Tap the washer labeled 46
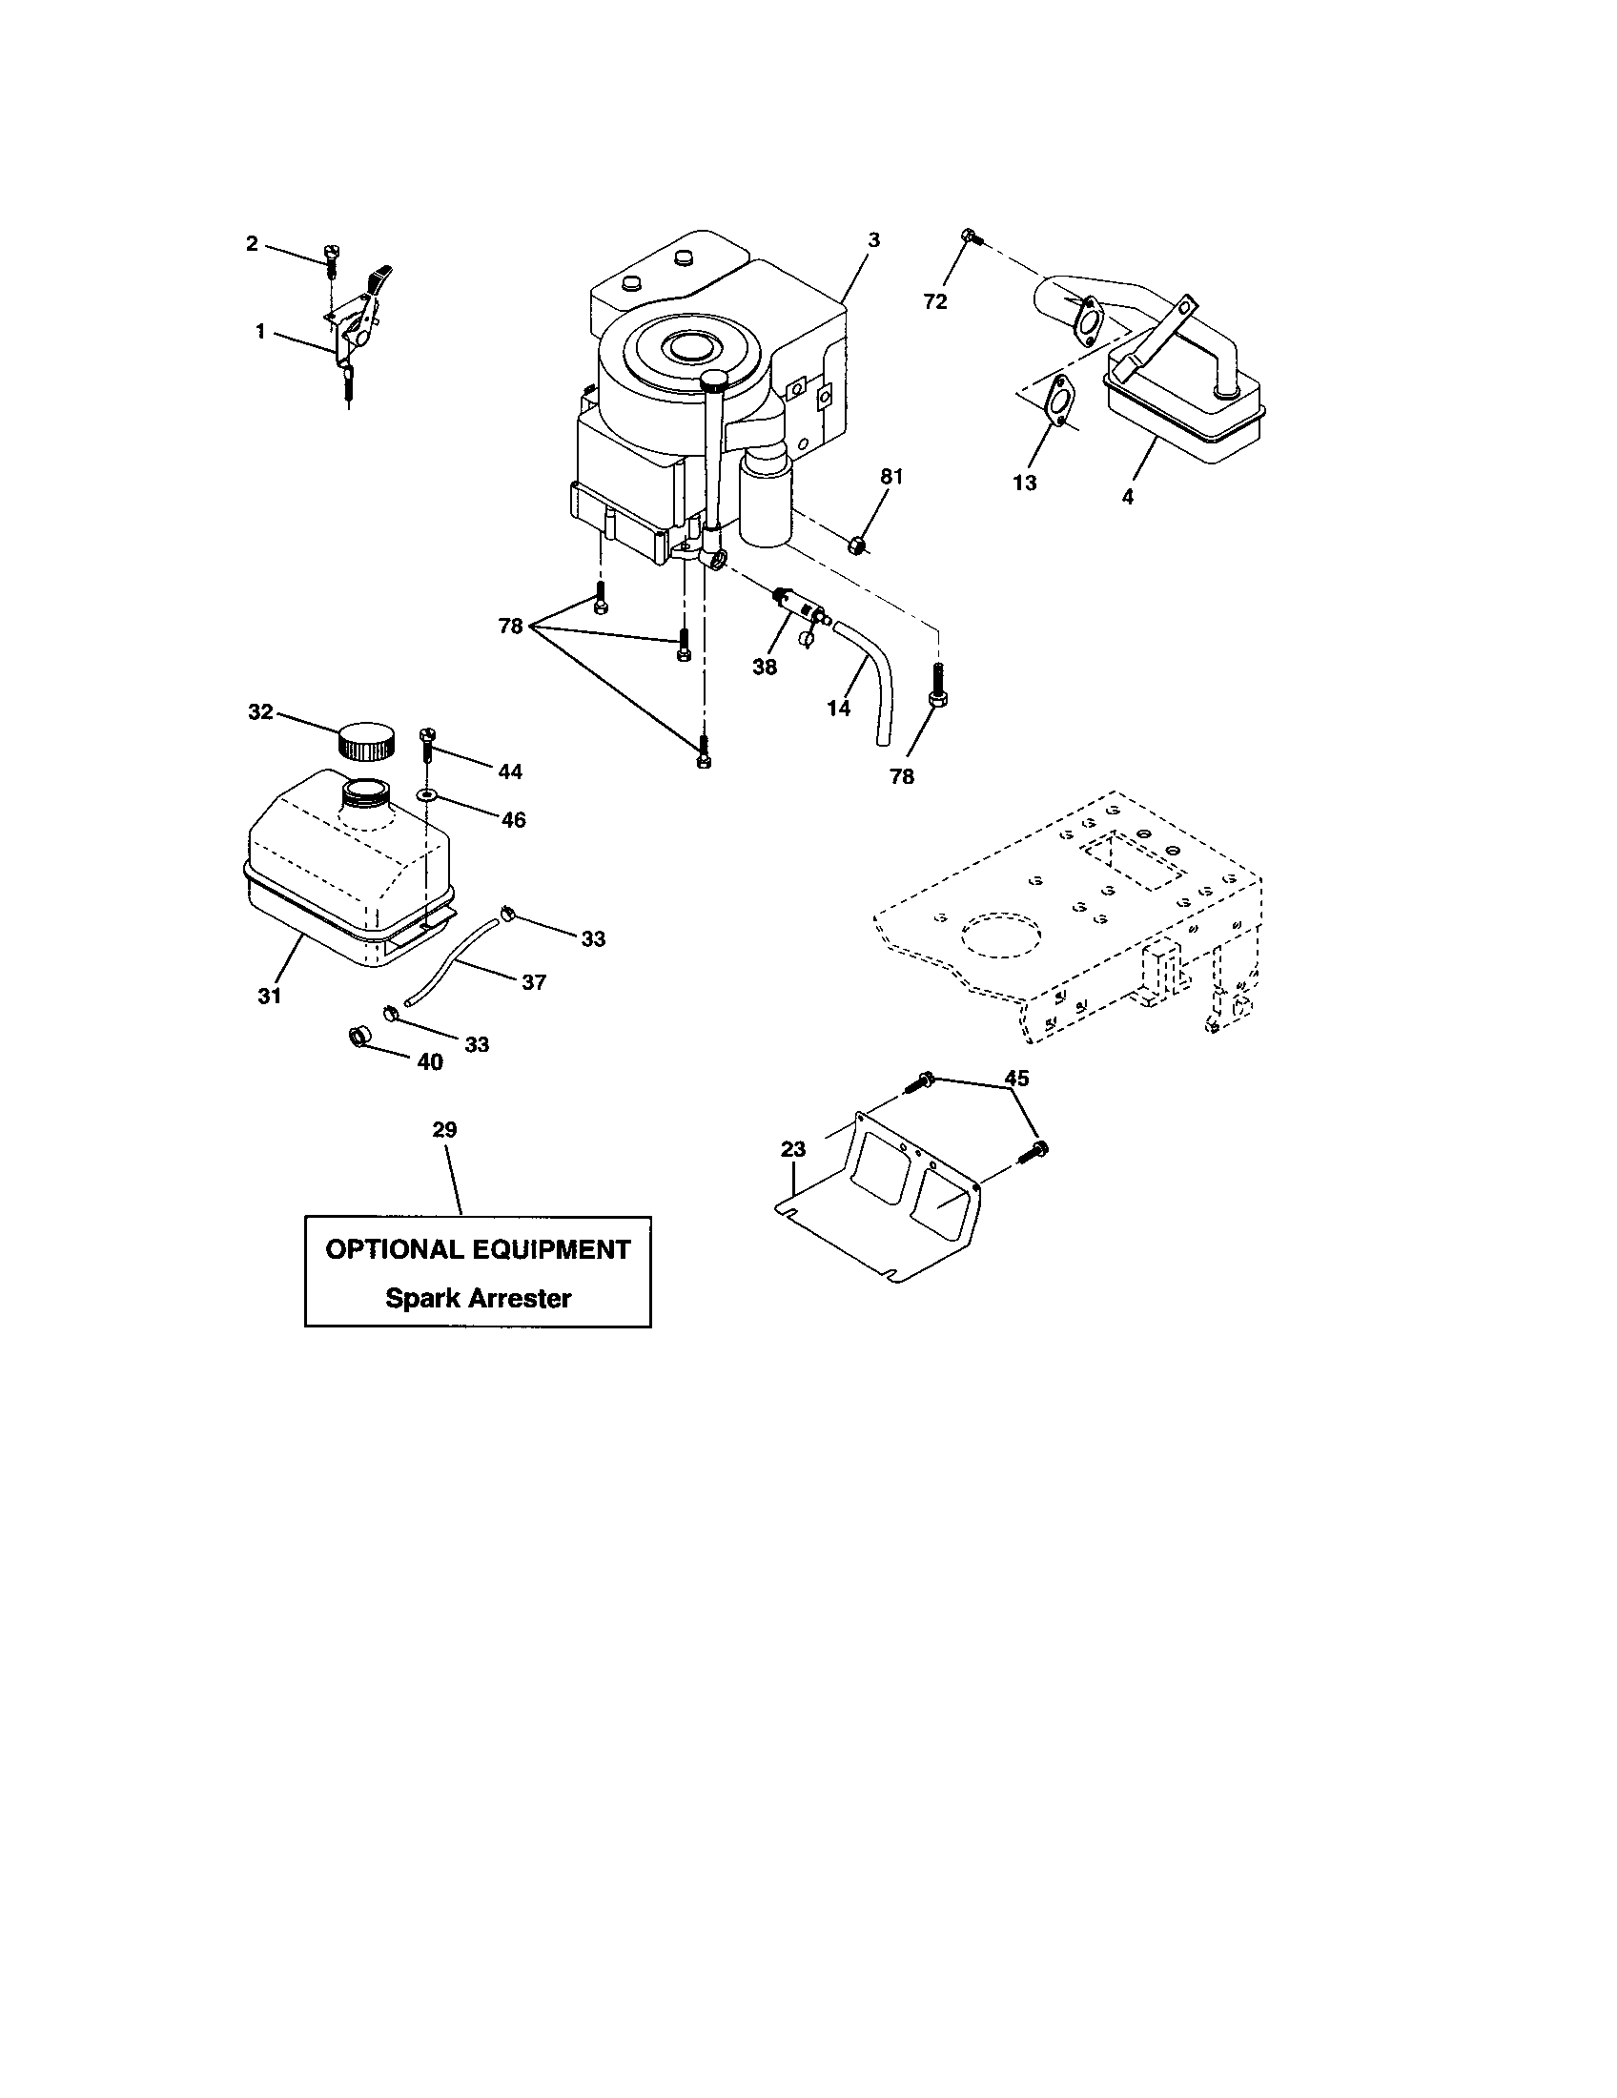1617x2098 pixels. coord(427,795)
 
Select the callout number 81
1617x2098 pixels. coord(892,477)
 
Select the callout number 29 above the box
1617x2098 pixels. coord(444,1130)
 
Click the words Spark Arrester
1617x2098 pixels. coord(479,1298)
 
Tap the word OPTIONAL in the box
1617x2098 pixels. coord(395,1249)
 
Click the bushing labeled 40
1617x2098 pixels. coord(358,1038)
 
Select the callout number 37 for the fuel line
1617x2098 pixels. coord(534,981)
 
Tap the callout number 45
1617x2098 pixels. coord(1016,1078)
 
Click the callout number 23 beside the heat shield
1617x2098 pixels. coord(793,1149)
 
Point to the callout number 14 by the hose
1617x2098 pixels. coord(838,708)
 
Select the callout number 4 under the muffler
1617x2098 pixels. coord(1128,497)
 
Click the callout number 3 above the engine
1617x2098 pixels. coord(872,240)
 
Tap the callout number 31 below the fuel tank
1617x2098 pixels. coord(269,997)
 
